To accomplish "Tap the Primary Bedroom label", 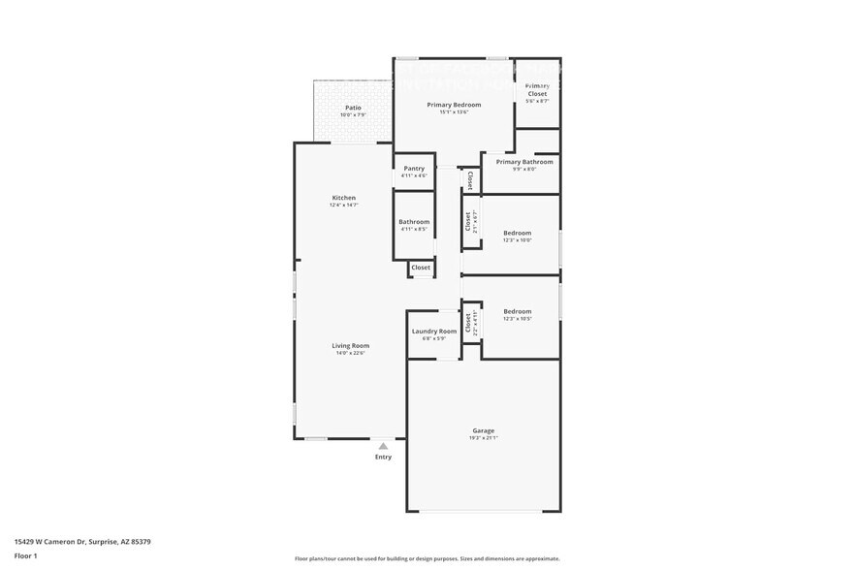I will pos(454,105).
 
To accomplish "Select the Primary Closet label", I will pos(537,89).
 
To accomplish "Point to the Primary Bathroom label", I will pos(524,162).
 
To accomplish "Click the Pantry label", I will pos(414,169).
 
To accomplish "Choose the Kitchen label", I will pos(344,198).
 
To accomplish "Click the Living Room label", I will pos(351,345).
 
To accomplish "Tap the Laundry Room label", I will pos(433,332).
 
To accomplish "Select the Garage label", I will pos(483,430).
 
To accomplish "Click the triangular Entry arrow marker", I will pos(383,446).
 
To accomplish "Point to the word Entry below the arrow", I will pos(383,457).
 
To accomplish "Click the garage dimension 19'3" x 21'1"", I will pos(483,438).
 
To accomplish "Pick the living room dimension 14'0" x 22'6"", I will pos(351,353).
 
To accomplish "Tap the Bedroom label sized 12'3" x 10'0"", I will pos(517,233).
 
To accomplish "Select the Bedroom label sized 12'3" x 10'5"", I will pos(517,311).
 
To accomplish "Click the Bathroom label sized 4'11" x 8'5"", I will pos(414,222).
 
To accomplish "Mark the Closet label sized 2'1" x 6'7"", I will pos(467,222).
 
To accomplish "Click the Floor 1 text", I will pos(25,555).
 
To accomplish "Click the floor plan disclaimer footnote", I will pos(427,558).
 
